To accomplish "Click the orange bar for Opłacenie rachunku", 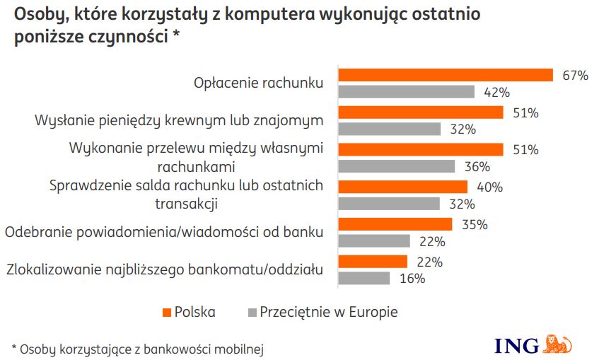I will click(446, 76).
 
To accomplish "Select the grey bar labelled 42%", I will click(407, 92).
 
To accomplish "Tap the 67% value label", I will click(575, 76).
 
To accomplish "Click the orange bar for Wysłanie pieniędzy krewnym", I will click(421, 112).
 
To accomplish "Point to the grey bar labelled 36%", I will click(397, 167).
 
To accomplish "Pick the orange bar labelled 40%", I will click(403, 187).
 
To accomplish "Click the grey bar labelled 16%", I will click(364, 278).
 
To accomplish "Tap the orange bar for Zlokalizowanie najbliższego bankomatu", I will click(373, 262).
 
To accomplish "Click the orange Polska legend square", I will click(168, 312).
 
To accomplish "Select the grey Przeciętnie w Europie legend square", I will click(251, 312).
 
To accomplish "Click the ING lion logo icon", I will click(557, 344).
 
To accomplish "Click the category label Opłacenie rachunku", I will click(258, 83).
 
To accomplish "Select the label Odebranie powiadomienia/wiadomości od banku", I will click(164, 232).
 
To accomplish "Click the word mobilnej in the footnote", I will click(245, 349).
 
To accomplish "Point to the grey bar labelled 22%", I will click(375, 241).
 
